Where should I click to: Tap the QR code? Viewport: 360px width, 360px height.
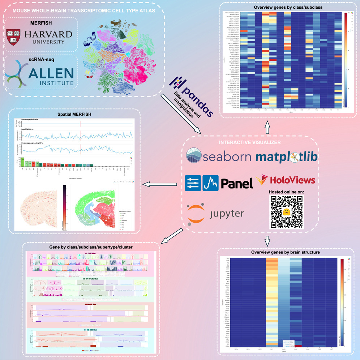[286, 212]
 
